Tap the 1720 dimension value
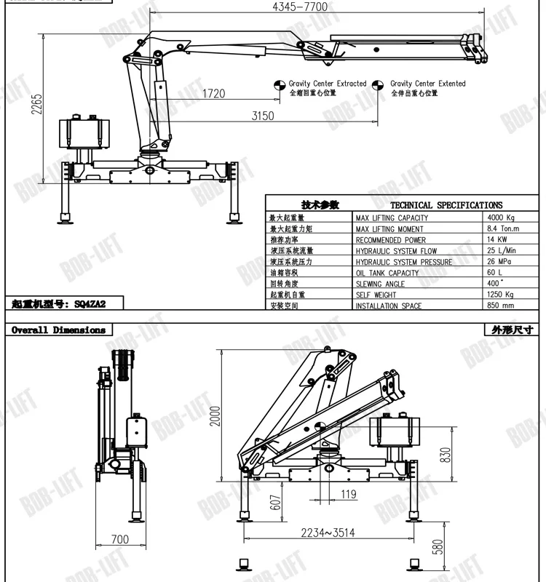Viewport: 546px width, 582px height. tap(213, 93)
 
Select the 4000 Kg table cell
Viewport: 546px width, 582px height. tap(500, 218)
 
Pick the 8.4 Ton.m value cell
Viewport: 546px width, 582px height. tap(503, 228)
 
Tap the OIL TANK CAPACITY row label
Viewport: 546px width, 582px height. tap(387, 273)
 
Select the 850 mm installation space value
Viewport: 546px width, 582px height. tap(500, 306)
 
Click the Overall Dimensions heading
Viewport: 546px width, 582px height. tap(58, 330)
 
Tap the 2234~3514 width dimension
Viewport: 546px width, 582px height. tap(329, 533)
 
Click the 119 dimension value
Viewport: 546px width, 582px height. tap(348, 495)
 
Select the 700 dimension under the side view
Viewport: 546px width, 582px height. tap(119, 539)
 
